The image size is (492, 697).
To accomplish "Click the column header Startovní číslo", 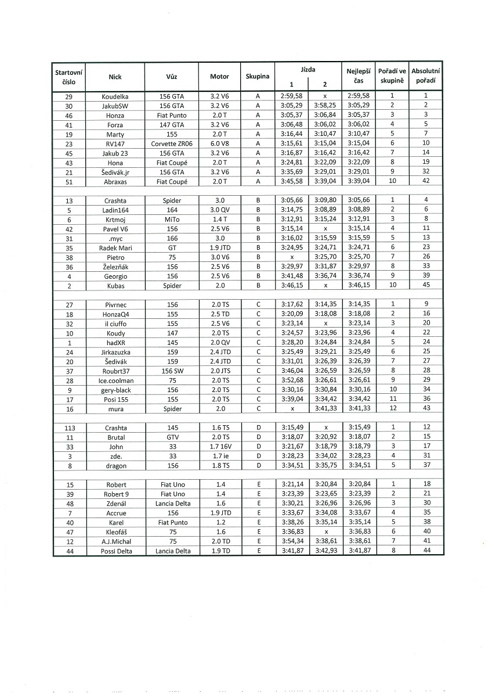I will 68,76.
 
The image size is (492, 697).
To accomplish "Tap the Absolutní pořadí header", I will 425,76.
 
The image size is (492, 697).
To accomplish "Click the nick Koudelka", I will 115,96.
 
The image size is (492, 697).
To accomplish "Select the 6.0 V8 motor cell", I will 219,143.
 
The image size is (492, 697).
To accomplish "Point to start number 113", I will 68,428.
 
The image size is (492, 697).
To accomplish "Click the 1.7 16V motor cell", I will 219,447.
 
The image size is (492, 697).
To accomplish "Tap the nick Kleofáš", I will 115,532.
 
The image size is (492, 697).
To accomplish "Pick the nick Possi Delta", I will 115,551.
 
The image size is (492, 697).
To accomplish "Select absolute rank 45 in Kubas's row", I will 425,286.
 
